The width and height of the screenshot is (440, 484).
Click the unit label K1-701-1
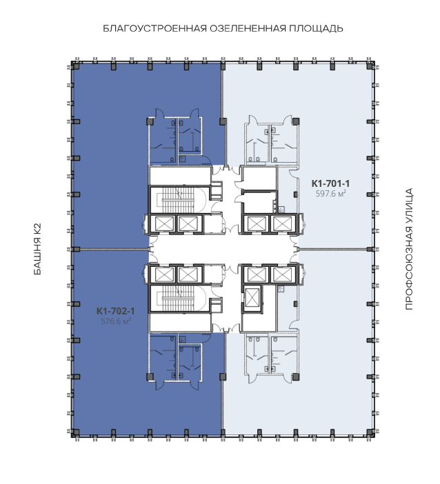[x=330, y=183]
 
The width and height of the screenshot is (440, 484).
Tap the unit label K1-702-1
[x=115, y=311]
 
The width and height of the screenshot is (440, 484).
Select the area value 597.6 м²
[x=330, y=194]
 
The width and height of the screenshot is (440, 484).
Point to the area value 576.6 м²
[x=116, y=321]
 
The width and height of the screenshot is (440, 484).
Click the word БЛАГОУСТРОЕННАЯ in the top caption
[x=154, y=28]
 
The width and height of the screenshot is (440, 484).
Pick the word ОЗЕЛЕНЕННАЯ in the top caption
[x=248, y=28]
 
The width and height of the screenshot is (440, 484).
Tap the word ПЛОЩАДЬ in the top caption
[x=316, y=28]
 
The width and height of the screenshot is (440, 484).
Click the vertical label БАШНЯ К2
[x=37, y=249]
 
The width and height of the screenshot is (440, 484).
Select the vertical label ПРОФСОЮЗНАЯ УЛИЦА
[x=408, y=249]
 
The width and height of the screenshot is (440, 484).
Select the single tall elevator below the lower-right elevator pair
[x=252, y=299]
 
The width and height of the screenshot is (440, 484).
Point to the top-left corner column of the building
[x=76, y=66]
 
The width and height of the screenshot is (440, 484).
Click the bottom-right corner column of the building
[x=370, y=432]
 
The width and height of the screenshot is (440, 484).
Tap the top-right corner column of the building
[x=370, y=66]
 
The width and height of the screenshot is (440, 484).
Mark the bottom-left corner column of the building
[x=76, y=432]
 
